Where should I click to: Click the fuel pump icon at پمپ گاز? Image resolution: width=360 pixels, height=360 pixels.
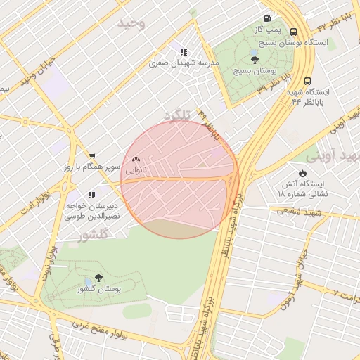267,19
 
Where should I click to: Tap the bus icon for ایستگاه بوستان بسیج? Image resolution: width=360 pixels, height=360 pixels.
293,32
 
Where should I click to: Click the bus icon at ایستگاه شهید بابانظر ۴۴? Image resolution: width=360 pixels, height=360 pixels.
308,81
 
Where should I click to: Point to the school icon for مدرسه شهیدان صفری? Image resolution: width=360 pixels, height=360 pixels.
184,52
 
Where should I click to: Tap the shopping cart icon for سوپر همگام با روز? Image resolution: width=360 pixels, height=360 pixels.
91,155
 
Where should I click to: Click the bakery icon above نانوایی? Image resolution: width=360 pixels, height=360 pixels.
136,160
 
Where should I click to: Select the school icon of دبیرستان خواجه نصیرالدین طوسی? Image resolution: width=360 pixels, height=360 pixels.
91,195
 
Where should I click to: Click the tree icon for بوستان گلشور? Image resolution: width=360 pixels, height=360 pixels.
98,278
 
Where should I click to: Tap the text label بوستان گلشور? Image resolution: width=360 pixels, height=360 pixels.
98,289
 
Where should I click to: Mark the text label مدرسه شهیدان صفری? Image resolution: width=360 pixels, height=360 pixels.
184,63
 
